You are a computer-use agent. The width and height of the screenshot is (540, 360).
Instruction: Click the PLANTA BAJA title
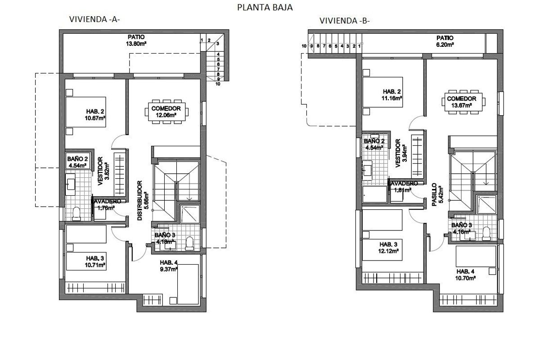pyautogui.click(x=265, y=7)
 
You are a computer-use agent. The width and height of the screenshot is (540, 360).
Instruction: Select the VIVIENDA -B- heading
pyautogui.click(x=344, y=21)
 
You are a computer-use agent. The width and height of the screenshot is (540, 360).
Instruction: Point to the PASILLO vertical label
pyautogui.click(x=434, y=194)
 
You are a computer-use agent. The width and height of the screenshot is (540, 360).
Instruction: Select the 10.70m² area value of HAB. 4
pyautogui.click(x=466, y=278)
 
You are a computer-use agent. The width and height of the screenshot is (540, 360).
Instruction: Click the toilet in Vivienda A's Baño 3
pyautogui.click(x=189, y=243)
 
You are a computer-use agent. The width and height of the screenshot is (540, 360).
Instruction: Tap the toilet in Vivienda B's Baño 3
pyautogui.click(x=486, y=233)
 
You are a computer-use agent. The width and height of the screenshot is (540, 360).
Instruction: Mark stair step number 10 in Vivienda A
pyautogui.click(x=217, y=83)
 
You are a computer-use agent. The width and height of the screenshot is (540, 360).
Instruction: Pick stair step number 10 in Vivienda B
pyautogui.click(x=304, y=46)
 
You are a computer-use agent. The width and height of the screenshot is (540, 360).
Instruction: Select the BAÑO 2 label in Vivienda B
pyautogui.click(x=373, y=141)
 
